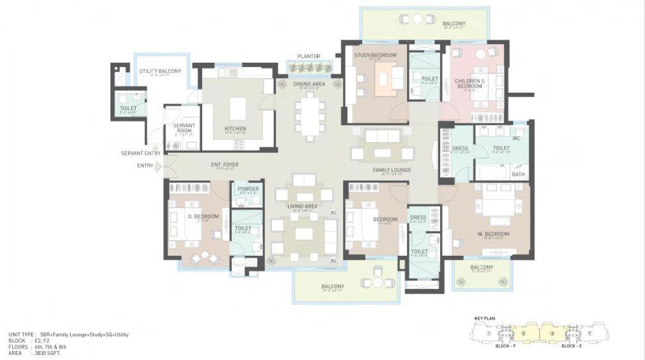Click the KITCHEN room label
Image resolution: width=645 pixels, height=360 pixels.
pos(235,129)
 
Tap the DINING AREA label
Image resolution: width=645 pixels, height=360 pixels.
pos(309,83)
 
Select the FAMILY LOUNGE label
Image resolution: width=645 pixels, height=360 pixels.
pos(392,169)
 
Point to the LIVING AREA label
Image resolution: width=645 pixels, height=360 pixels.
pos(303,207)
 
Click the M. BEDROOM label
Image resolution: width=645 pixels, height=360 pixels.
pos(493,234)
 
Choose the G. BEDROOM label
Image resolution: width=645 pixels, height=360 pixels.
pos(203,217)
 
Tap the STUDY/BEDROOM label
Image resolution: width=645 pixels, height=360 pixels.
pos(375,56)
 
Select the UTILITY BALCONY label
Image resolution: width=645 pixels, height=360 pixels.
pos(160,71)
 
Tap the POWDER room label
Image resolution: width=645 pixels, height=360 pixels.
pos(248,189)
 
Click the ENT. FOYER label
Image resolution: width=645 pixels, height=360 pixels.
pos(225,165)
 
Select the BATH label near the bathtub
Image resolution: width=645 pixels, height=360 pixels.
pos(518,174)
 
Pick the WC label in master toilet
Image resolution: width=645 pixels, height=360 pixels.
pos(517,137)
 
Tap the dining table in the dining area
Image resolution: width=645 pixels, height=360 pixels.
pos(309,115)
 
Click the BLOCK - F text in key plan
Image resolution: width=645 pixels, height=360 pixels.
pos(506,345)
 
